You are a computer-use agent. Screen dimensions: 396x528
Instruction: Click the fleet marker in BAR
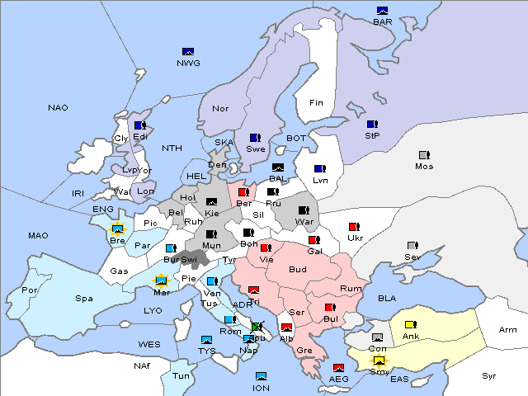tap(383, 11)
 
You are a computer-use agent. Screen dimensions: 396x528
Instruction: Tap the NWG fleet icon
tap(188, 51)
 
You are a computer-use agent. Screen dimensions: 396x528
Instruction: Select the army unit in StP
tap(372, 125)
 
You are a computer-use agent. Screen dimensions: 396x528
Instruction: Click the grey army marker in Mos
tap(424, 155)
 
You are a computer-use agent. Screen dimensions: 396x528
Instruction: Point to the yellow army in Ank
tap(411, 324)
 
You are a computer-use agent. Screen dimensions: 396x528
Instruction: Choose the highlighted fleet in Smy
tap(379, 360)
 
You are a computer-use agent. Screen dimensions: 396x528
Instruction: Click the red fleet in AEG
tap(338, 368)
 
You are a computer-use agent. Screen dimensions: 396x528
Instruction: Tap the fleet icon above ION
tap(262, 376)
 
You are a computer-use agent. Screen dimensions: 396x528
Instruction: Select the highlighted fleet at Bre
tap(117, 229)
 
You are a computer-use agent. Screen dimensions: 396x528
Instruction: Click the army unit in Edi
tap(140, 125)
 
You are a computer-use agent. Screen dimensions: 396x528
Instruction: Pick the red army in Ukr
tap(355, 227)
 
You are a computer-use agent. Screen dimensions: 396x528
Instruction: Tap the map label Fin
tap(316, 103)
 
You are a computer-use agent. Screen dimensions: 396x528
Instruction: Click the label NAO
tap(58, 108)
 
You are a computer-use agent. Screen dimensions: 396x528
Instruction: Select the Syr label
tap(489, 375)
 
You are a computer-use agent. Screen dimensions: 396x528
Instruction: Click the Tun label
tap(181, 375)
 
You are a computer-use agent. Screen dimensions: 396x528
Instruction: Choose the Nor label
tap(220, 109)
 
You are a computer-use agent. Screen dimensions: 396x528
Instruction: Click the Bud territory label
tap(297, 270)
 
